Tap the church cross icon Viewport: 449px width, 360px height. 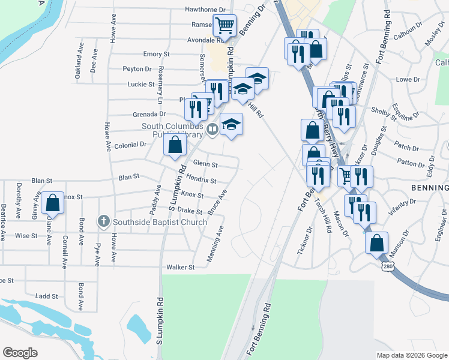tap(103, 221)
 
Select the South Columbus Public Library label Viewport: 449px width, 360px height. tap(173, 130)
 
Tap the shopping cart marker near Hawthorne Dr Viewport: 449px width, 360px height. tap(224, 25)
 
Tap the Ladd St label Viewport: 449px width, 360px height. tap(46, 296)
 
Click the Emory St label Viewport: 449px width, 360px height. tap(157, 54)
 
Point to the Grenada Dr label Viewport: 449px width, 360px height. tap(150, 113)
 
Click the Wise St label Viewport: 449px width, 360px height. tap(26, 236)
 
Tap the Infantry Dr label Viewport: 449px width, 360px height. tap(402, 206)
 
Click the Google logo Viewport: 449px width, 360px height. tap(20, 352)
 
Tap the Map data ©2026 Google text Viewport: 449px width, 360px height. tap(412, 355)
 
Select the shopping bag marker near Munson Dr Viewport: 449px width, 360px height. tap(376, 242)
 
